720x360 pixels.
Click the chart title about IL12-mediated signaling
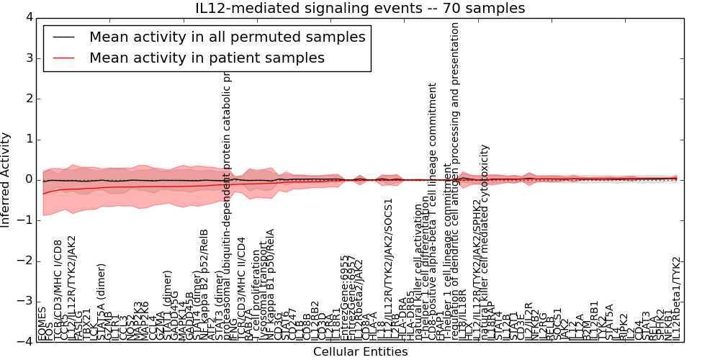coord(360,9)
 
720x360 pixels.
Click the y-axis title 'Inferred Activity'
coord(6,179)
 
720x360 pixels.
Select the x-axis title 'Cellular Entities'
coord(360,352)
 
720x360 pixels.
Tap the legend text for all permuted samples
coord(227,37)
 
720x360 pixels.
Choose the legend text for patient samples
coord(207,58)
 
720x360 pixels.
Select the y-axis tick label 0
coord(29,179)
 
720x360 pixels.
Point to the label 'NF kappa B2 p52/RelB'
coord(204,294)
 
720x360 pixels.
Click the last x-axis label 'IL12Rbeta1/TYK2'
coord(675,298)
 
